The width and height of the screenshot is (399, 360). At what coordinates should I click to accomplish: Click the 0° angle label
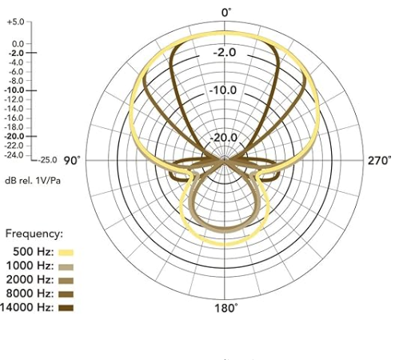(x=226, y=13)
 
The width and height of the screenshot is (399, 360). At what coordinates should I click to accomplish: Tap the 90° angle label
(x=72, y=161)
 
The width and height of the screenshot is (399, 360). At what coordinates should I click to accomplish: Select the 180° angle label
(x=225, y=308)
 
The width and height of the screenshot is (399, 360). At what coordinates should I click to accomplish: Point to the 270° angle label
(x=379, y=161)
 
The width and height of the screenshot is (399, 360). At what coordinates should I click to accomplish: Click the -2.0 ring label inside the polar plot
(x=225, y=52)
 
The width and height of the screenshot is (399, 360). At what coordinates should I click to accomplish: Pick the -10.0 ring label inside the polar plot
(x=223, y=90)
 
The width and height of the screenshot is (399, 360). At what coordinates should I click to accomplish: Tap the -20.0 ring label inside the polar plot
(x=223, y=138)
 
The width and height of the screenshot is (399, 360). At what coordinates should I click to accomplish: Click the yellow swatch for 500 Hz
(x=66, y=253)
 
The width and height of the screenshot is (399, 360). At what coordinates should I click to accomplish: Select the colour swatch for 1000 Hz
(x=66, y=266)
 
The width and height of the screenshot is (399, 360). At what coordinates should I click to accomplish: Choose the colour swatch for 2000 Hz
(x=66, y=281)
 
